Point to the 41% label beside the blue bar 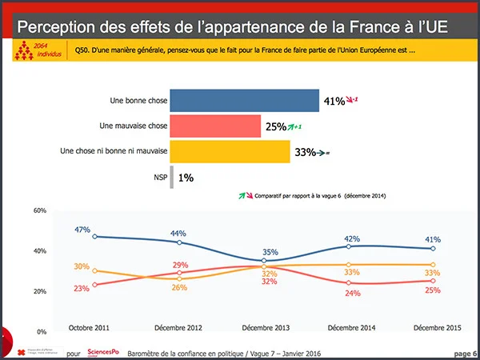coord(334,102)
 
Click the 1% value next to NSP coord(186,177)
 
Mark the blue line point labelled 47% coord(95,237)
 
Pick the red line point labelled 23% coord(95,285)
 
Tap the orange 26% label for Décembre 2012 coord(179,288)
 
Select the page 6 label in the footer coord(465,353)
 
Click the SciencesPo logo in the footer coord(103,353)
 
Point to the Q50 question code coord(81,51)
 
